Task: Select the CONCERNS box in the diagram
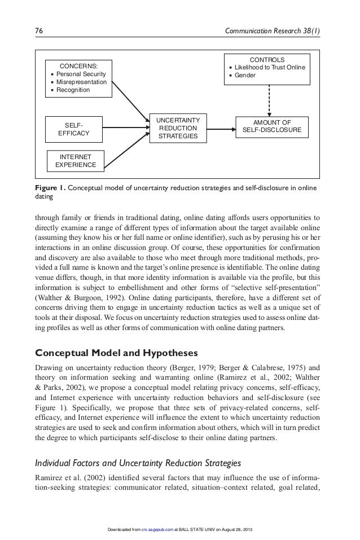pos(78,78)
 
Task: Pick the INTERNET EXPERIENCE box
pos(75,160)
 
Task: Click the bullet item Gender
pos(245,75)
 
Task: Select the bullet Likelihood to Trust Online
pos(270,67)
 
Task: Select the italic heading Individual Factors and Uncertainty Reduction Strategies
pos(138,463)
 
